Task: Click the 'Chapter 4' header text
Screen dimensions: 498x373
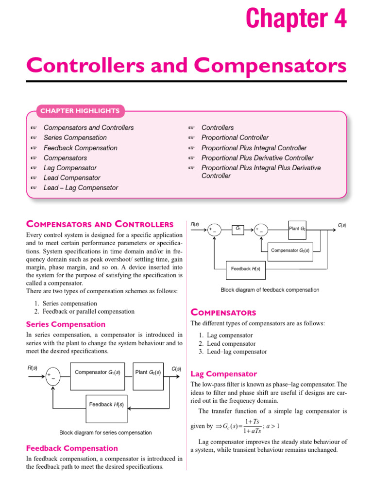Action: pos(296,19)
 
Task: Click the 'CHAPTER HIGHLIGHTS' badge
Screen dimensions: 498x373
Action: pos(80,111)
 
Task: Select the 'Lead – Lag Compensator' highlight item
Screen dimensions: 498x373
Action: pos(81,188)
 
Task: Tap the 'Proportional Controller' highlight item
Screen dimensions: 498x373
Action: pos(235,138)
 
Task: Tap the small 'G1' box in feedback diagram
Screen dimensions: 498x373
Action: pos(238,229)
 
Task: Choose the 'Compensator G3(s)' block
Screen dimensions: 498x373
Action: pos(290,251)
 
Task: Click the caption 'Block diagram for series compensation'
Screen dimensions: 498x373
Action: pos(105,432)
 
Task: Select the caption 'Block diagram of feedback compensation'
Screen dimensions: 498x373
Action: pos(270,290)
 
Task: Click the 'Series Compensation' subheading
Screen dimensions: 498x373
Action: pos(66,324)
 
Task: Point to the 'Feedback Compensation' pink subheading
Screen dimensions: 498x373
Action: pos(72,448)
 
